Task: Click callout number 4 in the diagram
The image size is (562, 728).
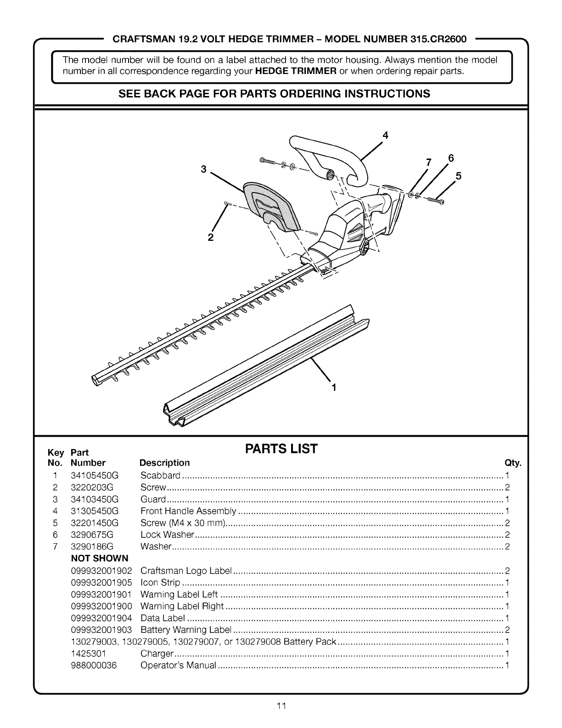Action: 385,136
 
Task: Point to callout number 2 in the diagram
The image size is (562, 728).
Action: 211,238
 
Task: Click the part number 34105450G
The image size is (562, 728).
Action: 95,475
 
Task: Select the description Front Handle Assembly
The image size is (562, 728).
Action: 188,511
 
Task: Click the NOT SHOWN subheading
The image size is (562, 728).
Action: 100,558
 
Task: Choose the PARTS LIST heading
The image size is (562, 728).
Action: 281,449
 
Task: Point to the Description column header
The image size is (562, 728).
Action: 164,462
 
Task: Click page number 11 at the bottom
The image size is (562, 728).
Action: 281,706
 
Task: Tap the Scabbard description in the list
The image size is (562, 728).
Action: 160,475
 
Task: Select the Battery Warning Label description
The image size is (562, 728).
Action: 186,630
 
